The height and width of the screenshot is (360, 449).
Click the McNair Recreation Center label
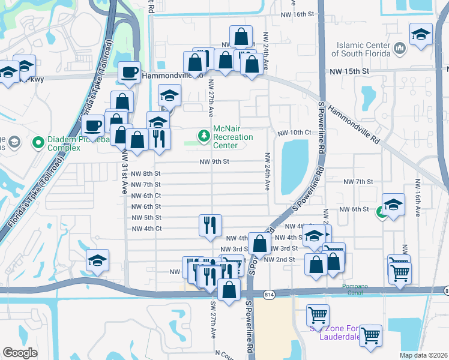coord(233,137)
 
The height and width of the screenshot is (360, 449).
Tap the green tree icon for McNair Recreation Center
coord(205,137)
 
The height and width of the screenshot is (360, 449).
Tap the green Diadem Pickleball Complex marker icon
coord(38,143)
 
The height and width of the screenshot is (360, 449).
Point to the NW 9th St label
coord(215,161)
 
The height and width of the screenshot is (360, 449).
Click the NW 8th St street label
coord(144,173)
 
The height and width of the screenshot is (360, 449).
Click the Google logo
coord(20,353)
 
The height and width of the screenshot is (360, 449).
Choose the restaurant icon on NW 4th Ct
coord(210,226)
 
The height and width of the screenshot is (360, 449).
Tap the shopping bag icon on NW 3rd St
coord(260,244)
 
